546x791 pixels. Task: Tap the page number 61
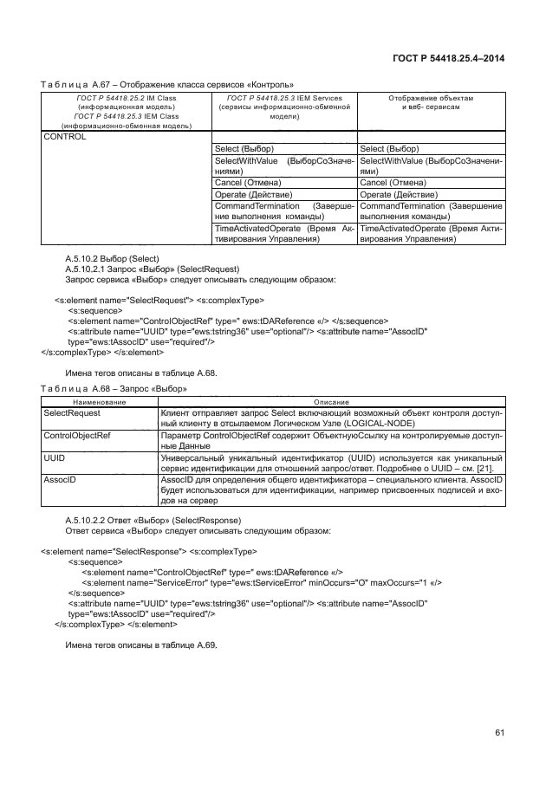pyautogui.click(x=499, y=735)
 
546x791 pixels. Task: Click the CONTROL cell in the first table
pyautogui.click(x=64, y=137)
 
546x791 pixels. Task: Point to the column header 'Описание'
pyautogui.click(x=331, y=403)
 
